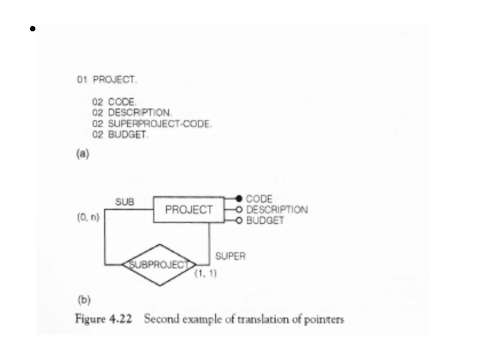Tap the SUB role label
(x=124, y=203)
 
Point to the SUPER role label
(x=229, y=256)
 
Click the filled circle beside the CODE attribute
(x=238, y=199)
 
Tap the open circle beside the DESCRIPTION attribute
(x=238, y=210)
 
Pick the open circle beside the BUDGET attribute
(x=238, y=221)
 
